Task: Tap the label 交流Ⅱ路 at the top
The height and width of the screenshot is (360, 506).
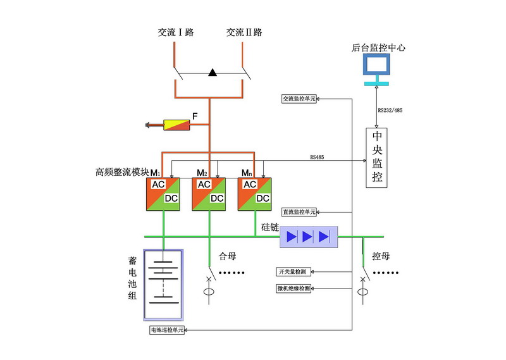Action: pos(244,32)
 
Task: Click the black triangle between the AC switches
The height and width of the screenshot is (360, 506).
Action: pos(213,73)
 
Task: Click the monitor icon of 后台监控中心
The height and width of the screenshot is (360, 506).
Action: pos(376,66)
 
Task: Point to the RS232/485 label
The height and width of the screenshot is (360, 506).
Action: pos(390,111)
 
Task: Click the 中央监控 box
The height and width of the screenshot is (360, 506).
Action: pos(377,157)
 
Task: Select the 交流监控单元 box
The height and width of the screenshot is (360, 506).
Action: pos(299,99)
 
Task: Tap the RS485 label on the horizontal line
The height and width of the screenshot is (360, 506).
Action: pos(318,156)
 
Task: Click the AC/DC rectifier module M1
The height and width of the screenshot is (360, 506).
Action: pos(164,193)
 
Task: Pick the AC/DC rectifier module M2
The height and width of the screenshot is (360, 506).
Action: pos(209,193)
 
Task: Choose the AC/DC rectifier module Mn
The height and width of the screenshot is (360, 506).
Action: pos(254,193)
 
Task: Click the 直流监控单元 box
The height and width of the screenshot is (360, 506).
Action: pos(299,211)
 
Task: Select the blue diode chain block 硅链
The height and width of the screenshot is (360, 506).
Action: pos(309,237)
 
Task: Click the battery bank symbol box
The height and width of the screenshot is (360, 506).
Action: pos(164,286)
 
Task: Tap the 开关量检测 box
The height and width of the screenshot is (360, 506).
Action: pos(292,272)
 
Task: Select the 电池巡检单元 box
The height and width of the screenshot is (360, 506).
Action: pos(166,330)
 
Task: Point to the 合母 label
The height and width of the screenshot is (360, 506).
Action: pos(227,256)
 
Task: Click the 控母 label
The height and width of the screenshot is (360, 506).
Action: pos(380,257)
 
